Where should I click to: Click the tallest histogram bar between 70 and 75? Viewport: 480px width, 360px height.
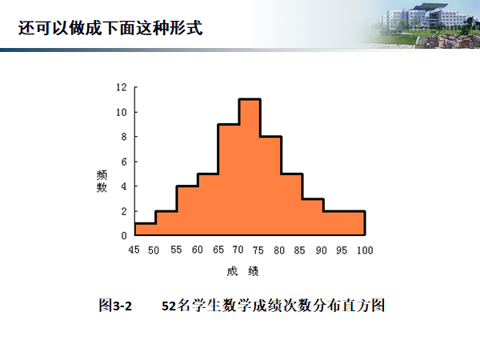pyautogui.click(x=250, y=167)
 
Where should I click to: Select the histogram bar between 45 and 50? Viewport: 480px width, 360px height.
pyautogui.click(x=146, y=230)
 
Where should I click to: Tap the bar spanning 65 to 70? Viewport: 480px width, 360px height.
pyautogui.click(x=229, y=180)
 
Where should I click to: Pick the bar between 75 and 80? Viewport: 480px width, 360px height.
pyautogui.click(x=271, y=186)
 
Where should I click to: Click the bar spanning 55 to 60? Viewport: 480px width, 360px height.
pyautogui.click(x=187, y=210)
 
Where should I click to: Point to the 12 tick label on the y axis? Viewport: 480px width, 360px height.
pyautogui.click(x=122, y=87)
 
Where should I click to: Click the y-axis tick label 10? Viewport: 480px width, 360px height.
pyautogui.click(x=122, y=112)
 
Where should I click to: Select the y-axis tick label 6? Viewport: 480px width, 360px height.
pyautogui.click(x=124, y=162)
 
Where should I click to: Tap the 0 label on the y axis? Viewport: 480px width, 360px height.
pyautogui.click(x=124, y=235)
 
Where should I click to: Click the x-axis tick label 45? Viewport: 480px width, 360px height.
pyautogui.click(x=134, y=250)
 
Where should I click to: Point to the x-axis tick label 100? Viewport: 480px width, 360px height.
pyautogui.click(x=365, y=250)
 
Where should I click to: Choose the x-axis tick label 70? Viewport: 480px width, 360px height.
pyautogui.click(x=238, y=250)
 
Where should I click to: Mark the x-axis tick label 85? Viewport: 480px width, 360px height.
pyautogui.click(x=300, y=250)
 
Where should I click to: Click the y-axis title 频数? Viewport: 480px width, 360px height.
pyautogui.click(x=102, y=182)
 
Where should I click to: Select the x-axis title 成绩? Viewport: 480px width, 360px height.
pyautogui.click(x=242, y=271)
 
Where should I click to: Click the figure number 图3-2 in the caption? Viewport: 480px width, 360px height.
pyautogui.click(x=115, y=306)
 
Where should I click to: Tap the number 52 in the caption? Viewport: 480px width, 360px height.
pyautogui.click(x=169, y=306)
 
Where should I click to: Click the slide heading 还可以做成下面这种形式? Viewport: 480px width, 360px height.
pyautogui.click(x=110, y=28)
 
